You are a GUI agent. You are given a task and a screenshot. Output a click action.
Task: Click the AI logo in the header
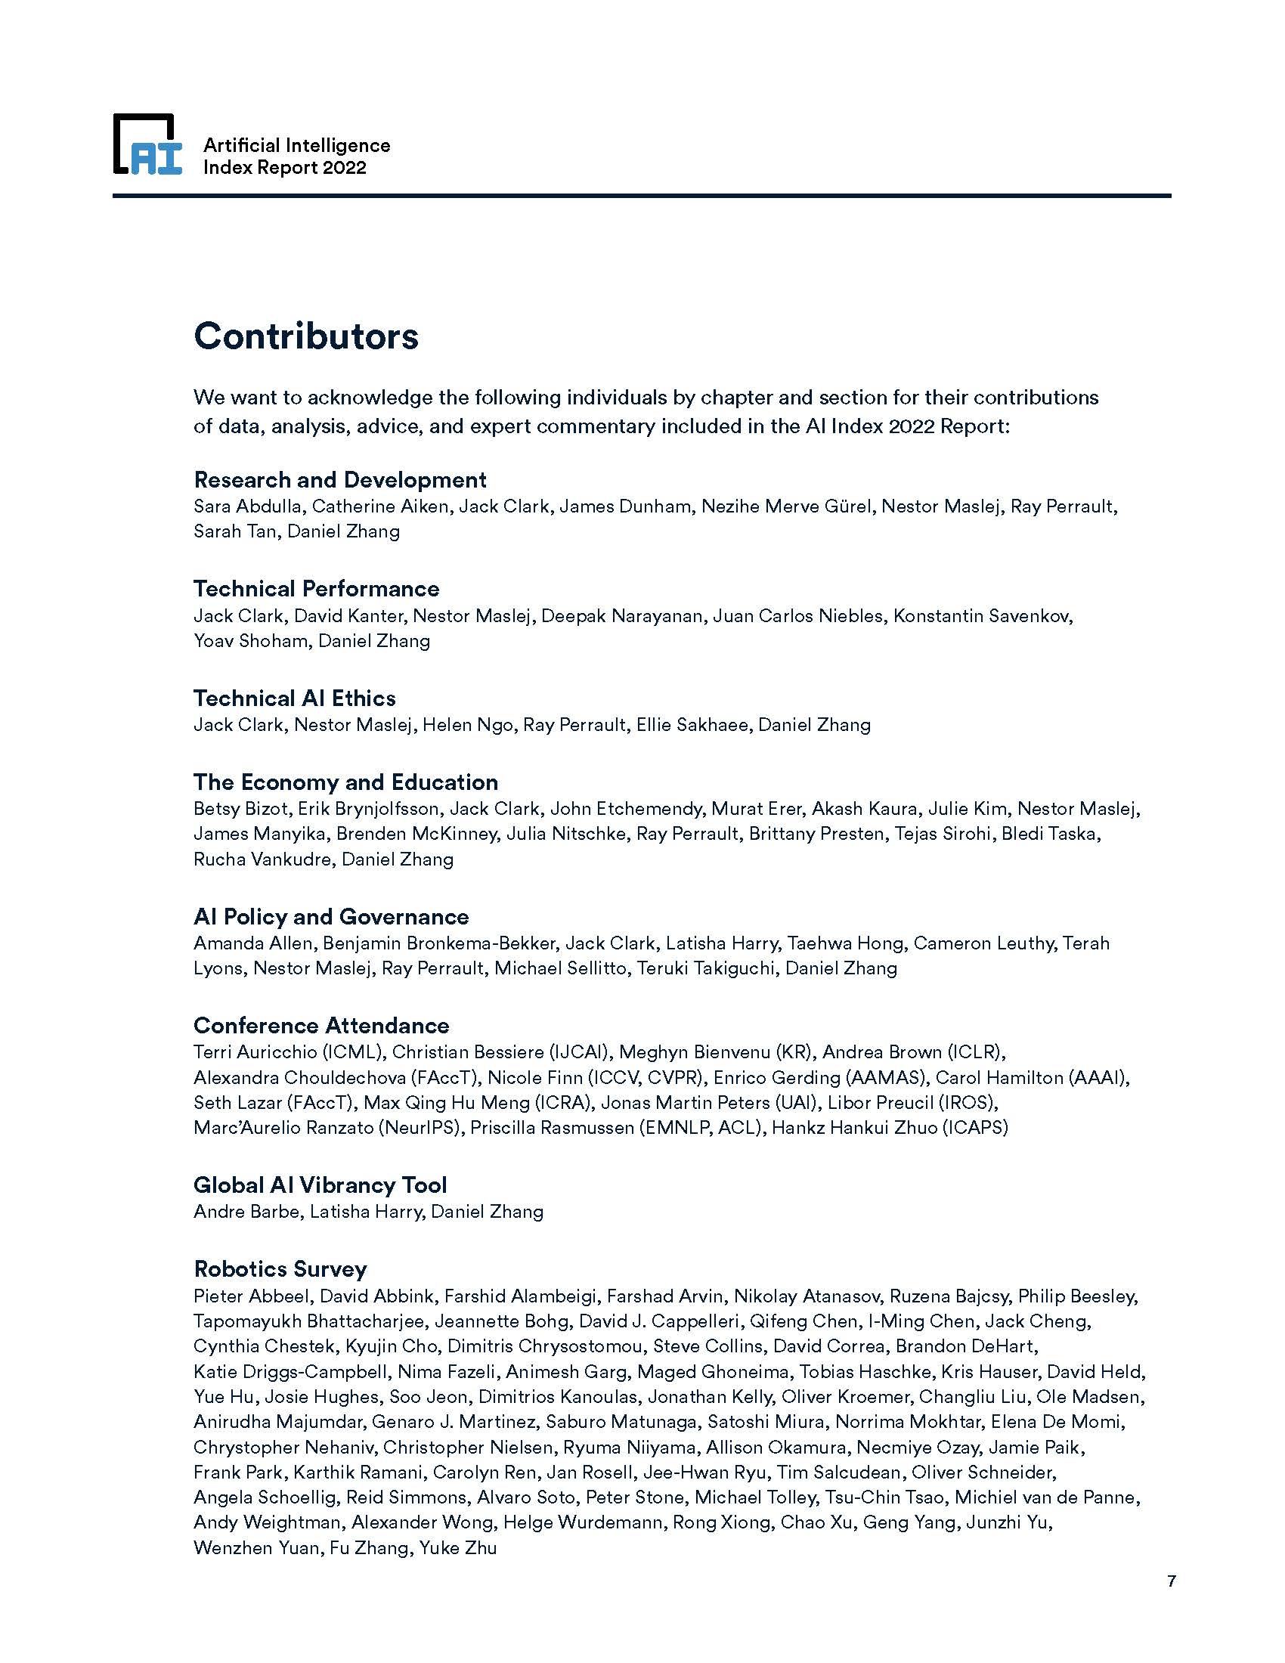(x=147, y=144)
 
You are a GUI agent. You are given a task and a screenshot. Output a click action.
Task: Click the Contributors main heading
(x=306, y=336)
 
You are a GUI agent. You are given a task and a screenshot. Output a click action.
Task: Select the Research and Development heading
(x=339, y=480)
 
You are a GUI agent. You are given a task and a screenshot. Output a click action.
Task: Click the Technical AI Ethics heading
(x=294, y=698)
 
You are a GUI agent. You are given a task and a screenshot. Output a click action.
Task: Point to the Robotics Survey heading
(x=280, y=1269)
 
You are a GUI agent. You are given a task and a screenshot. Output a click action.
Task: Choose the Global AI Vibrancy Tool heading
(x=320, y=1185)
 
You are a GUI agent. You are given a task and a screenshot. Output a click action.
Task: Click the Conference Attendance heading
(x=321, y=1026)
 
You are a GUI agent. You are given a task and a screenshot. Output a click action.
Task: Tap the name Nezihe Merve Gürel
(x=785, y=506)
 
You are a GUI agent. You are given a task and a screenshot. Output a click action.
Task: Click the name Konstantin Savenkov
(x=982, y=616)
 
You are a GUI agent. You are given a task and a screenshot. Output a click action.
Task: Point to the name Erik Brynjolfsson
(x=367, y=809)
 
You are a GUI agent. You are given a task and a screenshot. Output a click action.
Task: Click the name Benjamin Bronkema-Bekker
(x=439, y=943)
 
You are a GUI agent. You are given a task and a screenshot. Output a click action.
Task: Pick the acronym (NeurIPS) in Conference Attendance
(x=419, y=1128)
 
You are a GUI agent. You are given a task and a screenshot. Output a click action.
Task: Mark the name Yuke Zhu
(x=457, y=1548)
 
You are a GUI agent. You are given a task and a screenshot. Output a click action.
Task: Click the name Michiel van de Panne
(x=1047, y=1497)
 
